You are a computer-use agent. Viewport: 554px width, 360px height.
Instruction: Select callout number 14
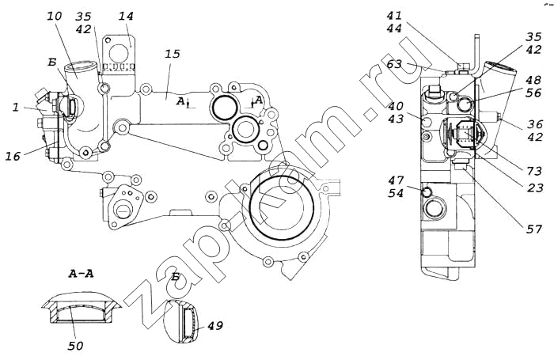click(126, 17)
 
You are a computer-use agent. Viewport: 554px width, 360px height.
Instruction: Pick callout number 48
click(533, 80)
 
